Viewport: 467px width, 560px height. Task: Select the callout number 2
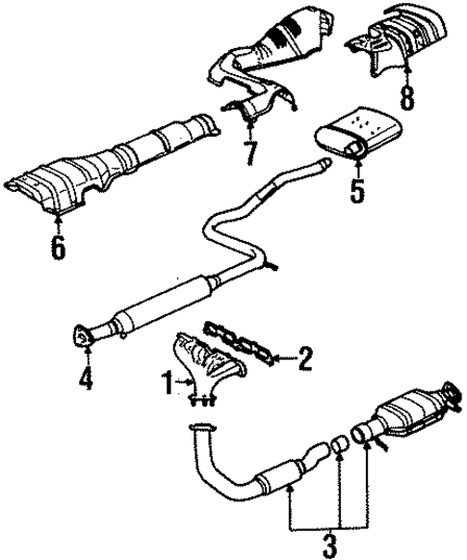pos(306,360)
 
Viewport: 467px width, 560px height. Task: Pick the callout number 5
pos(356,189)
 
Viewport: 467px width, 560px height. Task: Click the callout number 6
pos(57,248)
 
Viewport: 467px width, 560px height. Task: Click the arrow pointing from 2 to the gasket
pos(280,360)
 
